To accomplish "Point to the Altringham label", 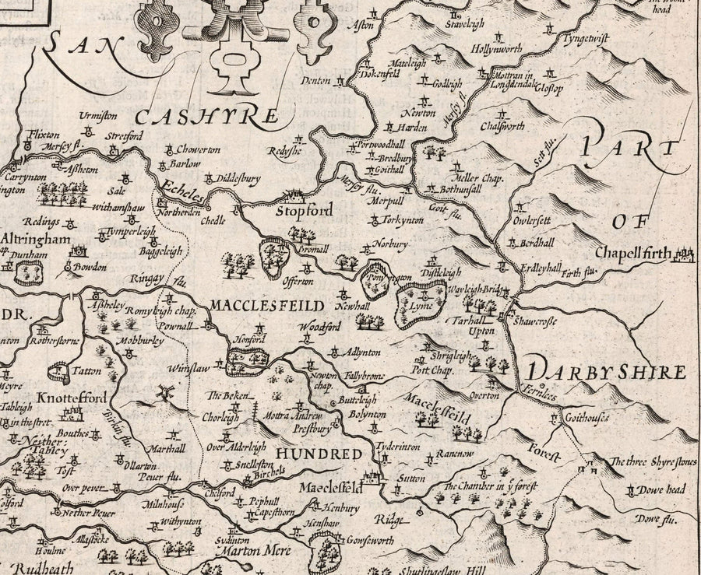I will coord(36,240).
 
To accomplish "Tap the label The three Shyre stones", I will coord(653,462).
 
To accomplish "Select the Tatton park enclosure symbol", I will coord(59,371).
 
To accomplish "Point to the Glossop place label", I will coord(547,86).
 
